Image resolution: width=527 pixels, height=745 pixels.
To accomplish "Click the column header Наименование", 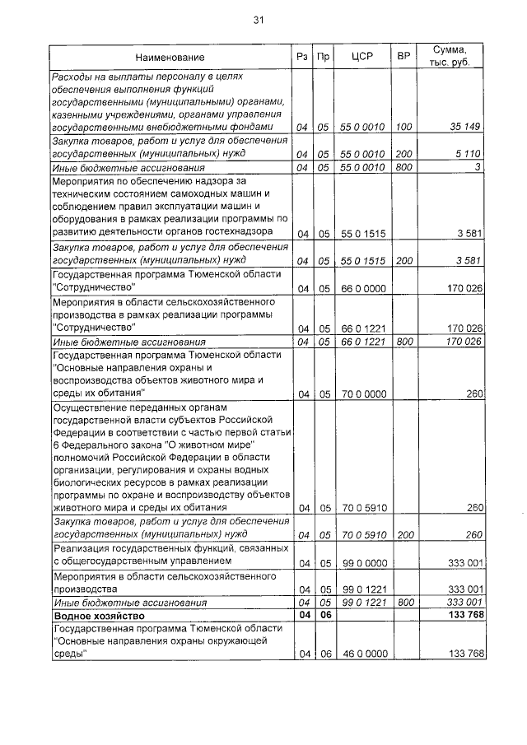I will (170, 58).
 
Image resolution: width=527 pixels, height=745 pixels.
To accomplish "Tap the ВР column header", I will (403, 57).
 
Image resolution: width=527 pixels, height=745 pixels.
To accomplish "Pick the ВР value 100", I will (403, 128).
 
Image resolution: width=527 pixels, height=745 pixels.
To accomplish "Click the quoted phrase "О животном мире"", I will (181, 444).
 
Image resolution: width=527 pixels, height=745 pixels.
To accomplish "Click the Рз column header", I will (301, 57).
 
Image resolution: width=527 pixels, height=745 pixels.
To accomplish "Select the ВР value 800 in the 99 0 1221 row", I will (403, 603).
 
